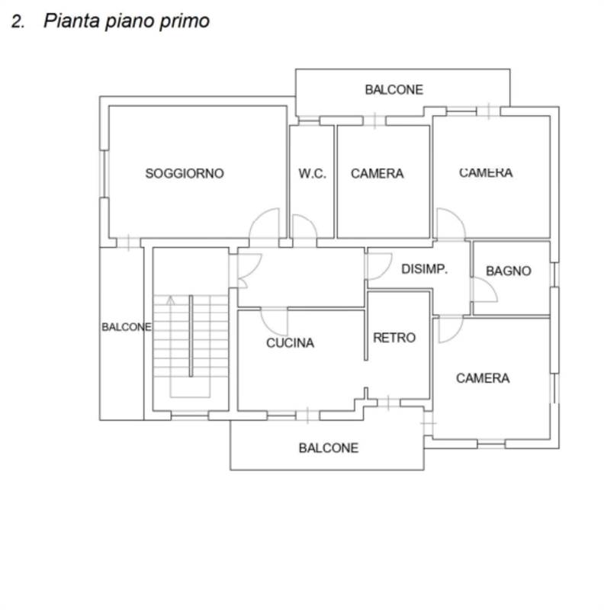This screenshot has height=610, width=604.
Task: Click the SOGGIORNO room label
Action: [x=185, y=174]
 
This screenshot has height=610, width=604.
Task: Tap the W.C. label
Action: [x=312, y=174]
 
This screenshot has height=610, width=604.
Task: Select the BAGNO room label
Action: [x=508, y=271]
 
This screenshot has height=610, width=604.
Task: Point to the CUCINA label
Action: [x=290, y=343]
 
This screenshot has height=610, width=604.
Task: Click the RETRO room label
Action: [x=394, y=338]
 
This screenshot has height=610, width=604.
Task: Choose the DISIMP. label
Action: [x=424, y=269]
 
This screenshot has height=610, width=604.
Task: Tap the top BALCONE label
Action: [x=394, y=90]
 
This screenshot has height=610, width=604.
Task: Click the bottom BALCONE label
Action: [x=328, y=448]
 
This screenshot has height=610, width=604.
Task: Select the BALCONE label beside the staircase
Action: [x=127, y=327]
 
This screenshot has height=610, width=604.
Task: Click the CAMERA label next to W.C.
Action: [x=377, y=174]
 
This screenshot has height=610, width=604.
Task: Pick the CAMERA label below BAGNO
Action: [x=483, y=378]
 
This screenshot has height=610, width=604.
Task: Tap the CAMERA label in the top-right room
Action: [x=486, y=173]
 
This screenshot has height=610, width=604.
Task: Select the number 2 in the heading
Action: [x=17, y=21]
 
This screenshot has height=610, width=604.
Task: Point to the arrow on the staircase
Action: [x=171, y=300]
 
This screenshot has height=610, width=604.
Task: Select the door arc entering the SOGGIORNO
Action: [x=265, y=223]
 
